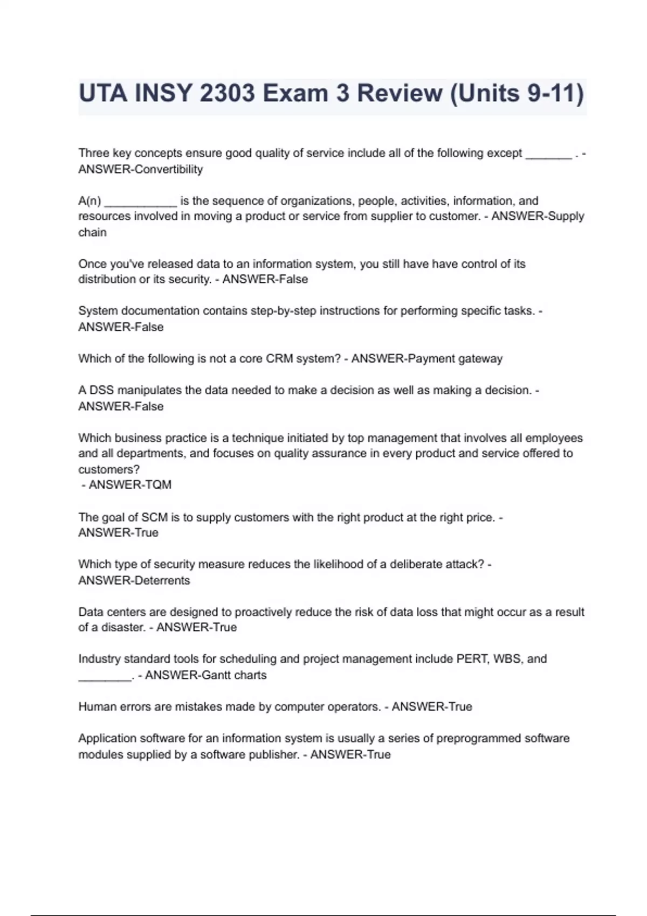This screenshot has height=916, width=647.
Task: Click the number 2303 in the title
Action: (x=227, y=94)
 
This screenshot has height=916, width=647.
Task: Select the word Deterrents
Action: (x=162, y=581)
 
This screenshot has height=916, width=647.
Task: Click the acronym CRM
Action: (x=279, y=359)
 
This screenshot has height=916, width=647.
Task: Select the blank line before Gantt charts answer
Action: (x=105, y=677)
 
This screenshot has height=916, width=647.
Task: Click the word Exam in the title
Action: (x=296, y=94)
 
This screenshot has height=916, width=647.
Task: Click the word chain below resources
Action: (x=92, y=233)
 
